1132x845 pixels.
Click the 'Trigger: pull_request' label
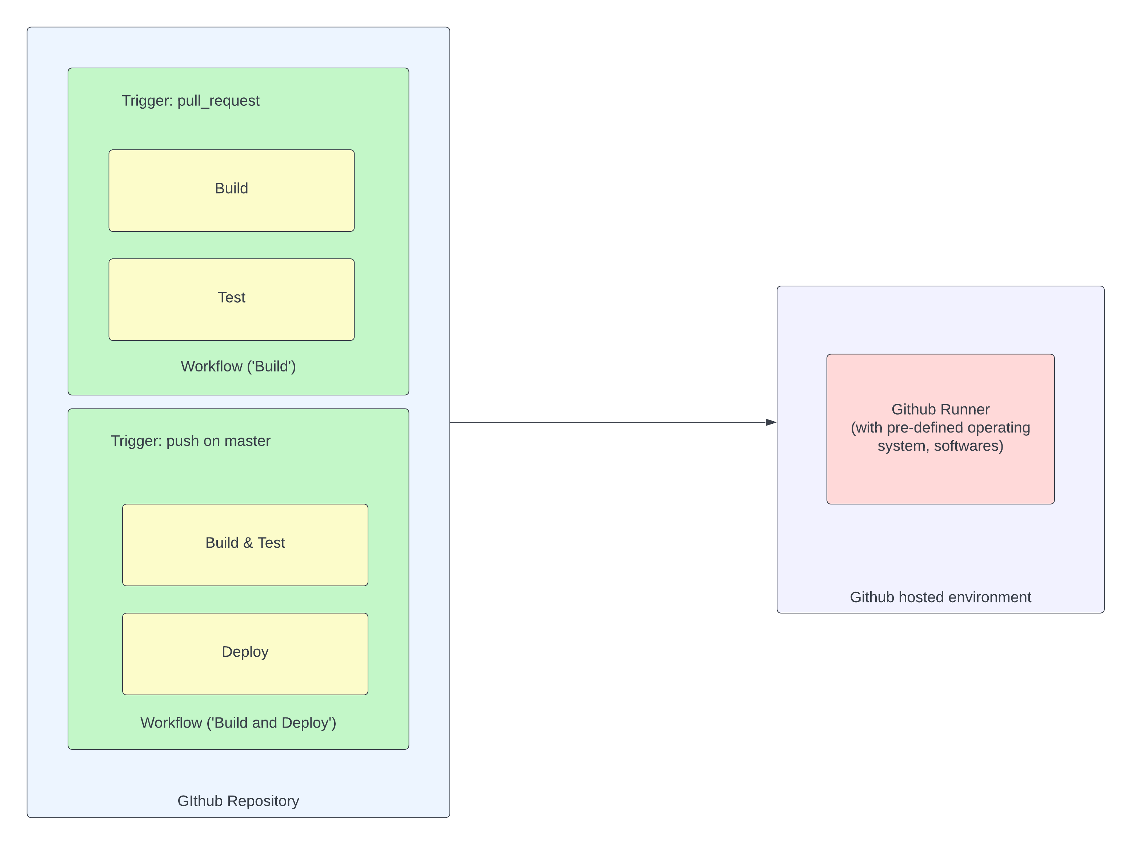click(191, 101)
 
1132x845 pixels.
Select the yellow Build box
click(231, 190)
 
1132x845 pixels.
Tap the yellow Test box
click(231, 299)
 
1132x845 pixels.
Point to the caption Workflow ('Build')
click(238, 366)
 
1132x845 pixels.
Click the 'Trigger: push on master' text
click(191, 441)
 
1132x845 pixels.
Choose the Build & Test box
click(245, 545)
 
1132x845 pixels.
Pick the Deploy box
click(245, 654)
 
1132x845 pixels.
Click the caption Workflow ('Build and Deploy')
click(238, 723)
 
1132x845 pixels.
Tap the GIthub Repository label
click(238, 801)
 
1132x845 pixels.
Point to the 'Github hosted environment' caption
click(940, 597)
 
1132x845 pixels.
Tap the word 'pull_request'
click(219, 101)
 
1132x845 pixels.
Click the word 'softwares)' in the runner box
click(968, 446)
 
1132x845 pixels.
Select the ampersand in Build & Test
click(248, 543)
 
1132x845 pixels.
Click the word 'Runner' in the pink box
click(966, 410)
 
